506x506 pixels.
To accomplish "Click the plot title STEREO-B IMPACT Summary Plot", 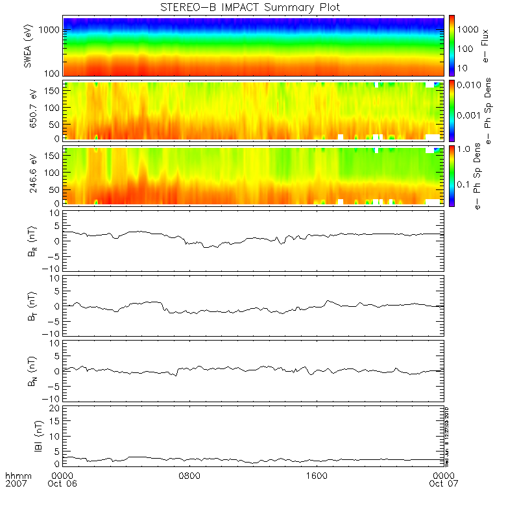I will [250, 7].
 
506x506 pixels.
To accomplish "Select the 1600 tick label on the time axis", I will [317, 475].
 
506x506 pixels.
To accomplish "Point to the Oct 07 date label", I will [444, 484].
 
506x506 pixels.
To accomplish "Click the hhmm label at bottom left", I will [16, 476].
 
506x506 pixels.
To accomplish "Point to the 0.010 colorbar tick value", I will [468, 86].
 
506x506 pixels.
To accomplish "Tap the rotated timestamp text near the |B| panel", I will [447, 435].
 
